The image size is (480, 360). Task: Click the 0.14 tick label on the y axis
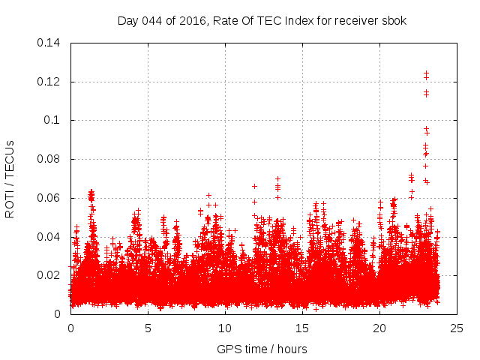pyautogui.click(x=51, y=43)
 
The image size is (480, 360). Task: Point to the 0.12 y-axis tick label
pyautogui.click(x=51, y=82)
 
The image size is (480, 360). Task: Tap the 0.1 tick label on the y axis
pyautogui.click(x=54, y=120)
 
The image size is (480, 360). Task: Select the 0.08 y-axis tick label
pyautogui.click(x=51, y=159)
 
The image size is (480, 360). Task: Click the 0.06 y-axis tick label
pyautogui.click(x=51, y=198)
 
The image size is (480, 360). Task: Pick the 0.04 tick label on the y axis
pyautogui.click(x=51, y=237)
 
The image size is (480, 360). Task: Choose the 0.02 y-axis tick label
pyautogui.click(x=51, y=275)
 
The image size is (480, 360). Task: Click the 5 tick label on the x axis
pyautogui.click(x=148, y=328)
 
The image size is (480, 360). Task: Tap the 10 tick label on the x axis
pyautogui.click(x=225, y=328)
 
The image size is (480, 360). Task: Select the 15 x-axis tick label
pyautogui.click(x=302, y=328)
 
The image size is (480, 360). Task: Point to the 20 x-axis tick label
pyautogui.click(x=379, y=328)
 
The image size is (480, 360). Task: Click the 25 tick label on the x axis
pyautogui.click(x=457, y=328)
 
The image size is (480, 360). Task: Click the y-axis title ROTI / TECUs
pyautogui.click(x=10, y=178)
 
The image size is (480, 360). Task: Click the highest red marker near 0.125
pyautogui.click(x=426, y=73)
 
